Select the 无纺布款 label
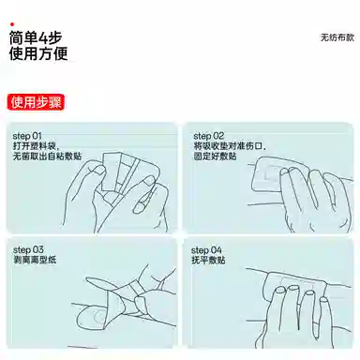tap(332, 37)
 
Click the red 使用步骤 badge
tap(36, 101)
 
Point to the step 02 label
tap(209, 135)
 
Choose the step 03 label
tap(28, 249)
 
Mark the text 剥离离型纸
tap(34, 260)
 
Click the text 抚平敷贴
tap(209, 260)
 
